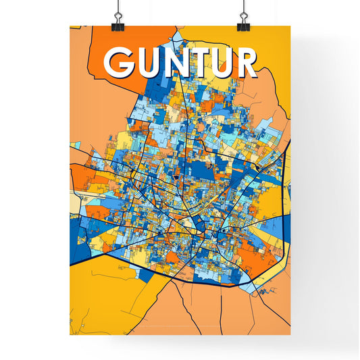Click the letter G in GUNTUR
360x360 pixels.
coord(119,63)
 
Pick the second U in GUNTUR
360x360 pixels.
coord(223,63)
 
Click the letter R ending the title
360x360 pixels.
coord(247,62)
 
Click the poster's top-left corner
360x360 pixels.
coord(70,27)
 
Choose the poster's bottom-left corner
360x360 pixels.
coord(70,335)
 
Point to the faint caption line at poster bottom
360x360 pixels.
coord(180,328)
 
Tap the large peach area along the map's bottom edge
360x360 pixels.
coord(223,311)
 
